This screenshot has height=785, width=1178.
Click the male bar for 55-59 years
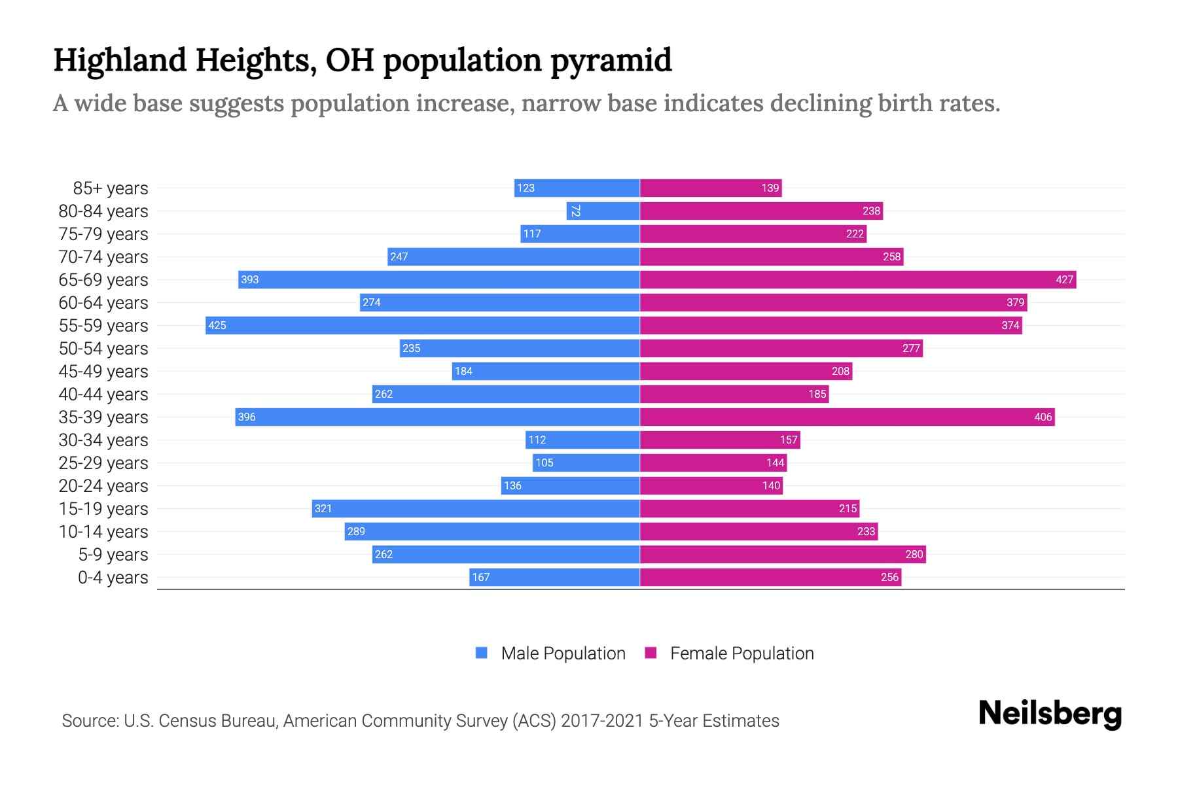422,325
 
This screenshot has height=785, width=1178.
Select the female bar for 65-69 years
857,279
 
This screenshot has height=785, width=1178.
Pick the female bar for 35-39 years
847,417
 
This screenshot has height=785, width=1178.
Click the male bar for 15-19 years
476,508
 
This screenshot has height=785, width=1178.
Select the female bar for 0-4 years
770,577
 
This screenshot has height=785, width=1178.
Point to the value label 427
1064,279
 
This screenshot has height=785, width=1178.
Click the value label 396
247,417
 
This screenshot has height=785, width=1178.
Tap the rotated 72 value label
575,211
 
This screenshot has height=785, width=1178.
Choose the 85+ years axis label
111,188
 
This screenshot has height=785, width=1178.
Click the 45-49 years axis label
103,372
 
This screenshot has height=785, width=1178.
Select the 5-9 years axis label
113,555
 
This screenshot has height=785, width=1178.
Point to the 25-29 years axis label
103,463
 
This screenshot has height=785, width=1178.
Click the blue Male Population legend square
482,653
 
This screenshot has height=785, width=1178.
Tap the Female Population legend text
741,653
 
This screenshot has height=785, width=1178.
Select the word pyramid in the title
611,60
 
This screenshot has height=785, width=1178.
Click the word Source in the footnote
89,721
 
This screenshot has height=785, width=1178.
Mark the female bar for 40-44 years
734,394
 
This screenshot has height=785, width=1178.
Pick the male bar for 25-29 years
586,462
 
